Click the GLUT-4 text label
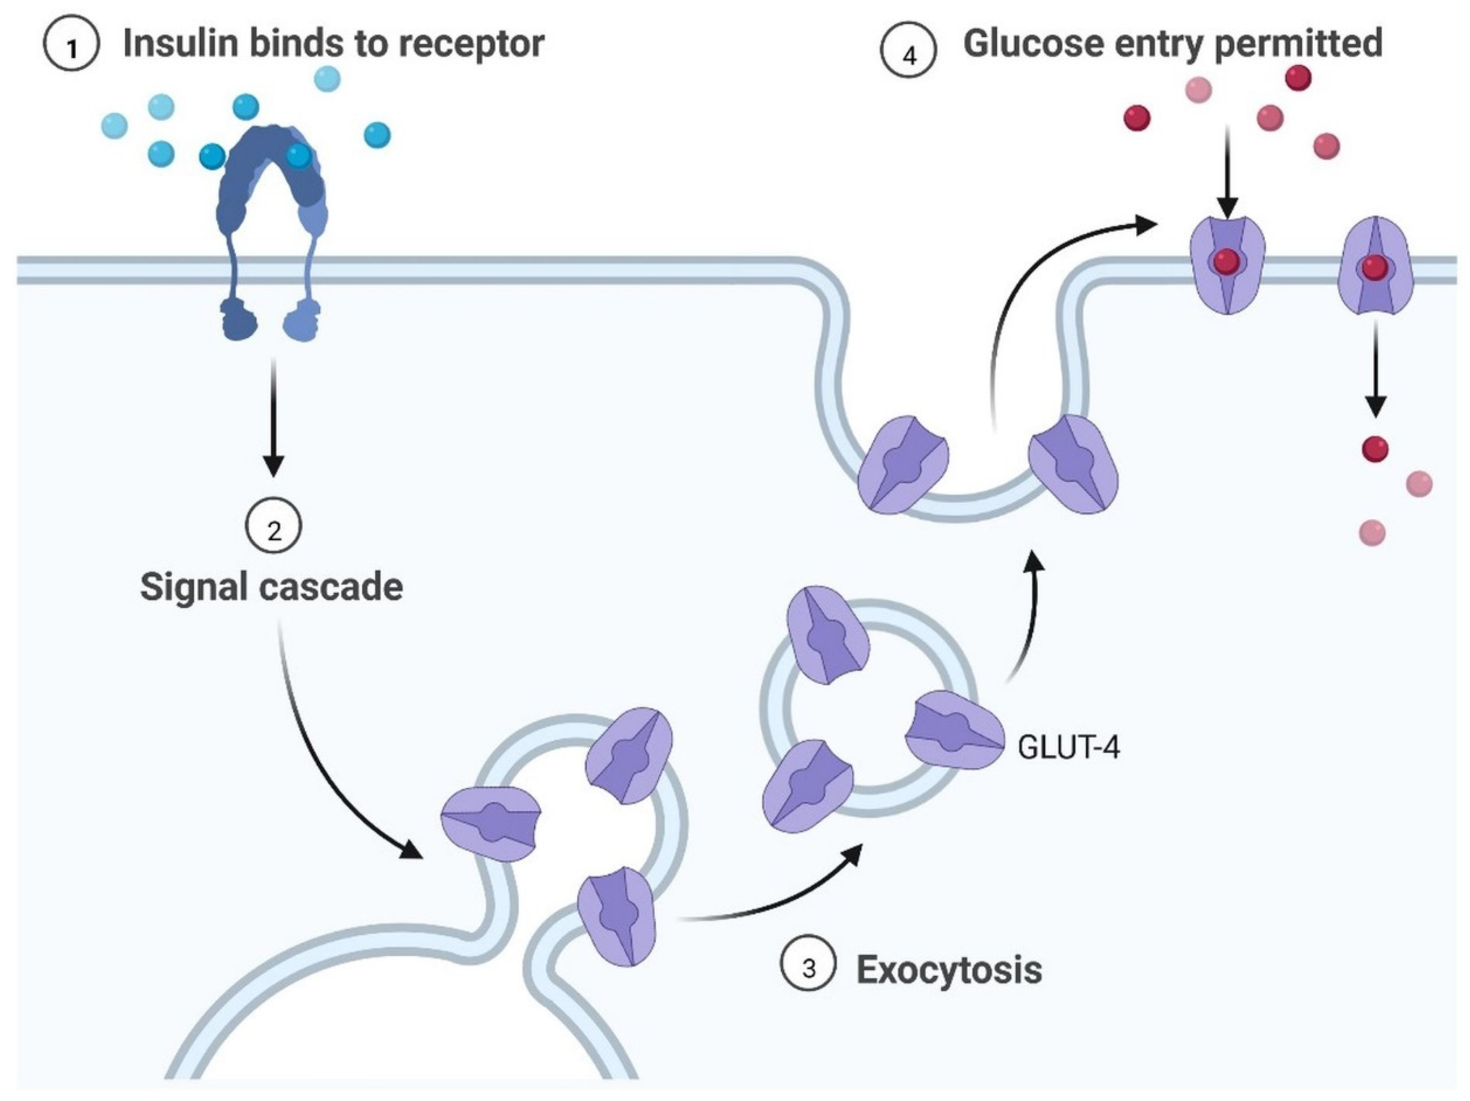(x=1068, y=749)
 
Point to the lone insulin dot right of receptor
(x=377, y=135)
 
